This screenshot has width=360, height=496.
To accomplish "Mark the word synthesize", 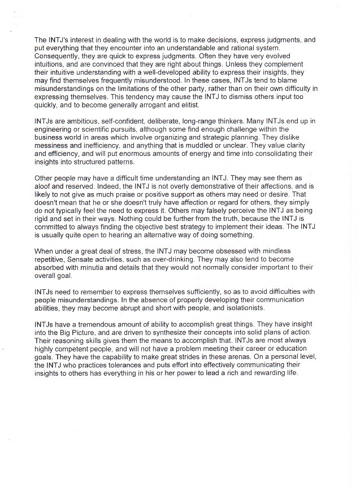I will coord(183,335).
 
